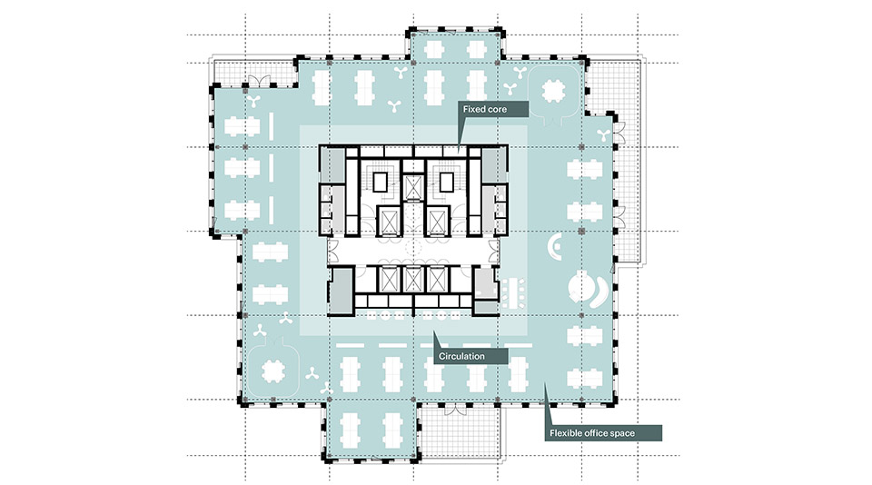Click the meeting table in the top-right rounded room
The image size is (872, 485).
(553, 91)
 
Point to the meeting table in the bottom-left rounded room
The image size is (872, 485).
(272, 370)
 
